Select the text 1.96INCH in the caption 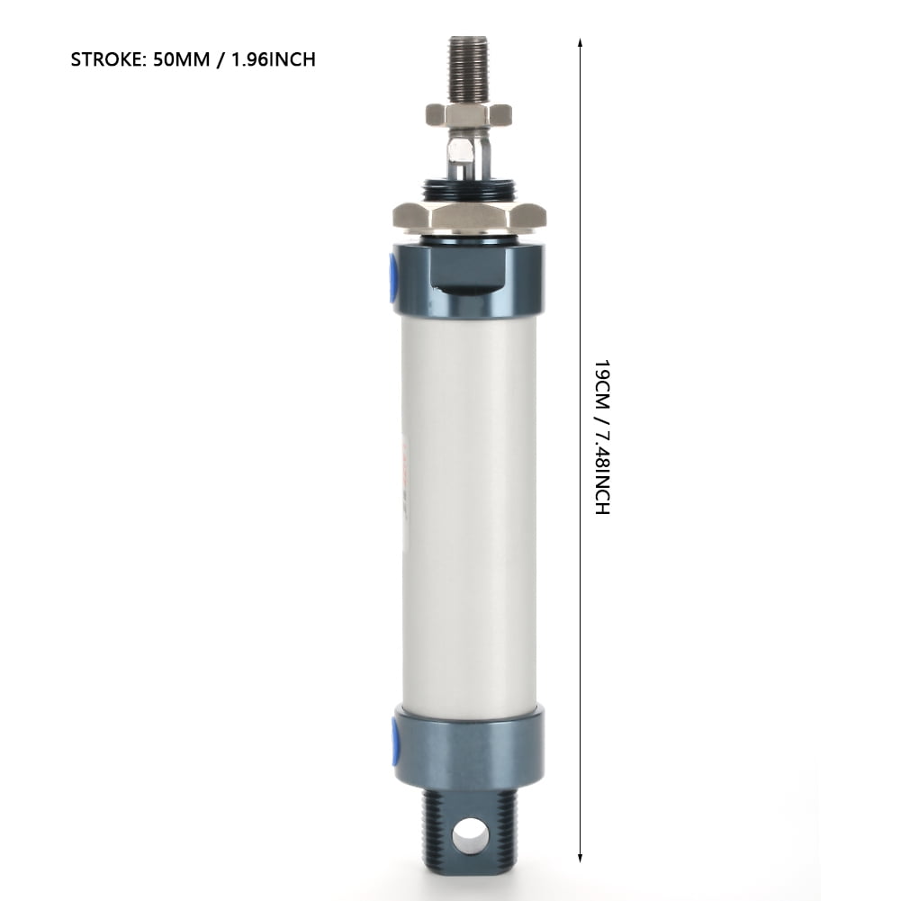[271, 60]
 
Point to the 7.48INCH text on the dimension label [602, 473]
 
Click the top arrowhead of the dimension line [581, 42]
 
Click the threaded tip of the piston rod [468, 68]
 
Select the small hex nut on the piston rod [468, 114]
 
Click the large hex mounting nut [469, 216]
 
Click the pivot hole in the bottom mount [470, 837]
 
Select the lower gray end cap [469, 747]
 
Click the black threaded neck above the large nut [469, 191]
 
